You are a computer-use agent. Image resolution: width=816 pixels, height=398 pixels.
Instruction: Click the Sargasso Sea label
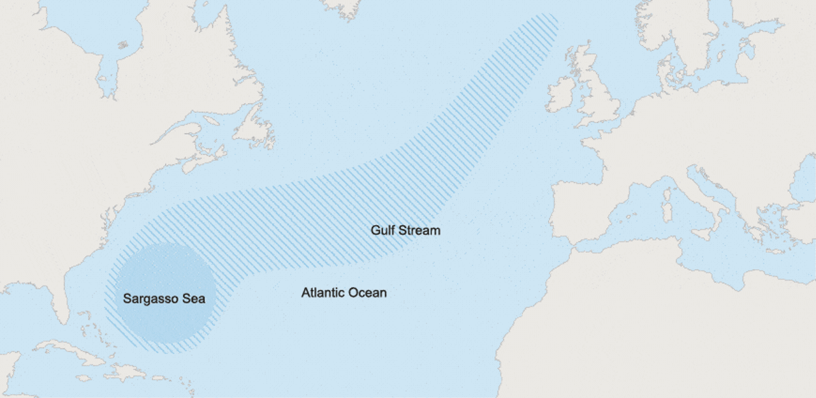(164, 298)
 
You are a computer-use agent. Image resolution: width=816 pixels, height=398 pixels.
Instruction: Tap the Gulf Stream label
(405, 230)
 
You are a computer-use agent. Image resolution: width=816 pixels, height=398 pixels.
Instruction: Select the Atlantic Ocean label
(344, 293)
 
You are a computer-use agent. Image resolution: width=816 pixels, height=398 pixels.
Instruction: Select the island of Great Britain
(599, 96)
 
